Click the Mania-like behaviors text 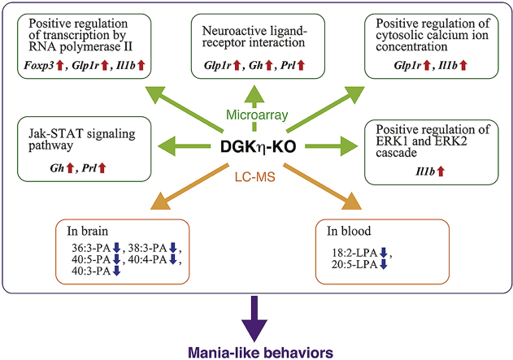coord(257,350)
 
